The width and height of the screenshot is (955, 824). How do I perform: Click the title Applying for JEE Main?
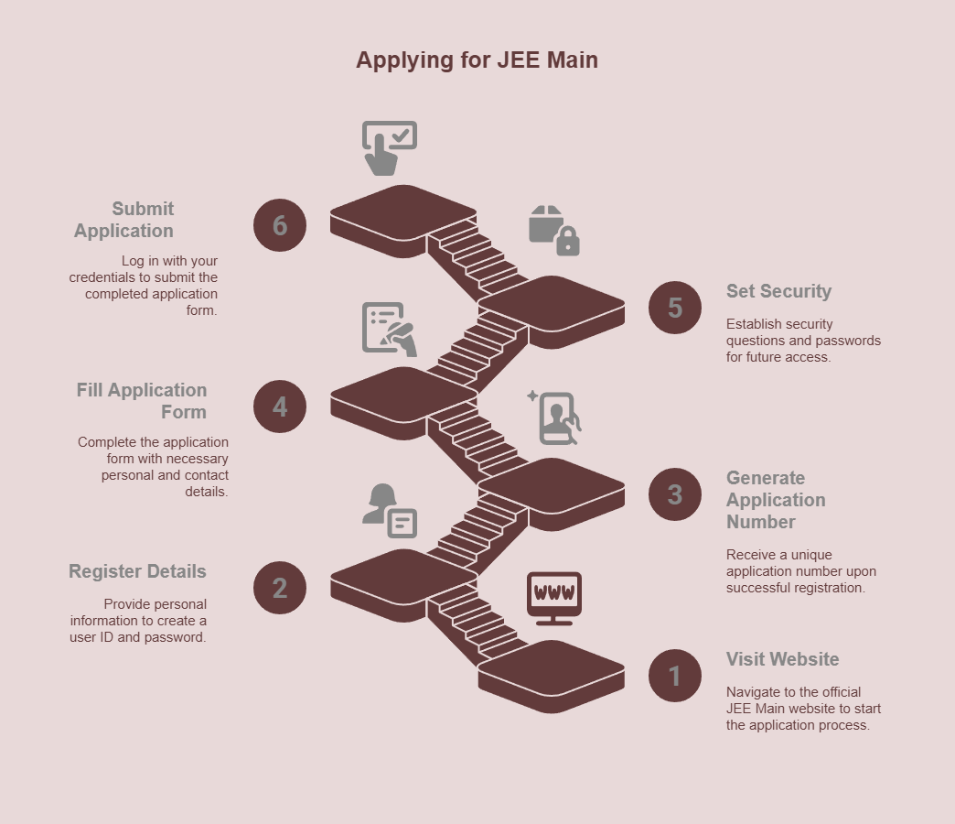click(x=477, y=60)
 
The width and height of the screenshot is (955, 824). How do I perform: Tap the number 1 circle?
click(x=675, y=676)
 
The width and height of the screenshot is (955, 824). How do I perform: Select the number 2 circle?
click(x=280, y=588)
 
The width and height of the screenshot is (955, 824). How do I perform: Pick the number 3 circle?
click(x=675, y=494)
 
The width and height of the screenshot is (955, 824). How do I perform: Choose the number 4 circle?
click(x=280, y=407)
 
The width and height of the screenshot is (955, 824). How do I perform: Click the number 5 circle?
click(x=675, y=308)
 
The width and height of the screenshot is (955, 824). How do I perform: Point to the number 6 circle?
click(x=280, y=225)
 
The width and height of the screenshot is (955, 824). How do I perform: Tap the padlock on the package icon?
click(x=568, y=242)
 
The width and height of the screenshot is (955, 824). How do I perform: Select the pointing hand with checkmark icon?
click(x=388, y=147)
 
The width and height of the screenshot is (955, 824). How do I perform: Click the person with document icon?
click(x=389, y=510)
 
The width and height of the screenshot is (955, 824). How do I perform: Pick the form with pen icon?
click(x=390, y=329)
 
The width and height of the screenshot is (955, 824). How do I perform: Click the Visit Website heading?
click(x=782, y=659)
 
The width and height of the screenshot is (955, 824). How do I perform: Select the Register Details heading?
click(x=137, y=571)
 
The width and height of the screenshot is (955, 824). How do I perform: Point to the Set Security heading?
click(x=778, y=291)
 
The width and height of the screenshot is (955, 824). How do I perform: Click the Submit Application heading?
click(x=124, y=220)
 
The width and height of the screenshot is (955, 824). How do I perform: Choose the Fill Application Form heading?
click(x=142, y=401)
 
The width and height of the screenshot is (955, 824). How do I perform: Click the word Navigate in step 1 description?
click(x=754, y=692)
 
